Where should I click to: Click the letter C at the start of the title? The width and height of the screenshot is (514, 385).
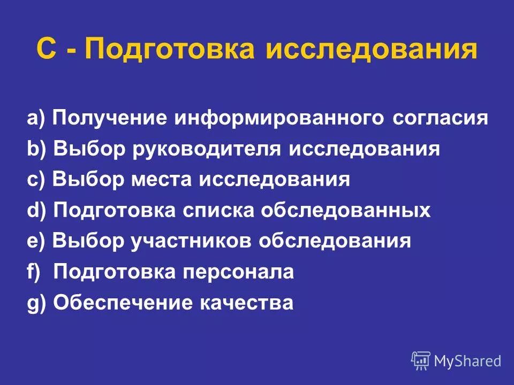(47, 50)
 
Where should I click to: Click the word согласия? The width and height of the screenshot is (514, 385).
(440, 118)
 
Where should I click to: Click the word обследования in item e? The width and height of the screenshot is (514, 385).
(335, 242)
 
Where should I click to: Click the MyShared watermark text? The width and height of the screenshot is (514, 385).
(467, 361)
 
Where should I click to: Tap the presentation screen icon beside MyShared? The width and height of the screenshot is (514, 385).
(421, 360)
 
